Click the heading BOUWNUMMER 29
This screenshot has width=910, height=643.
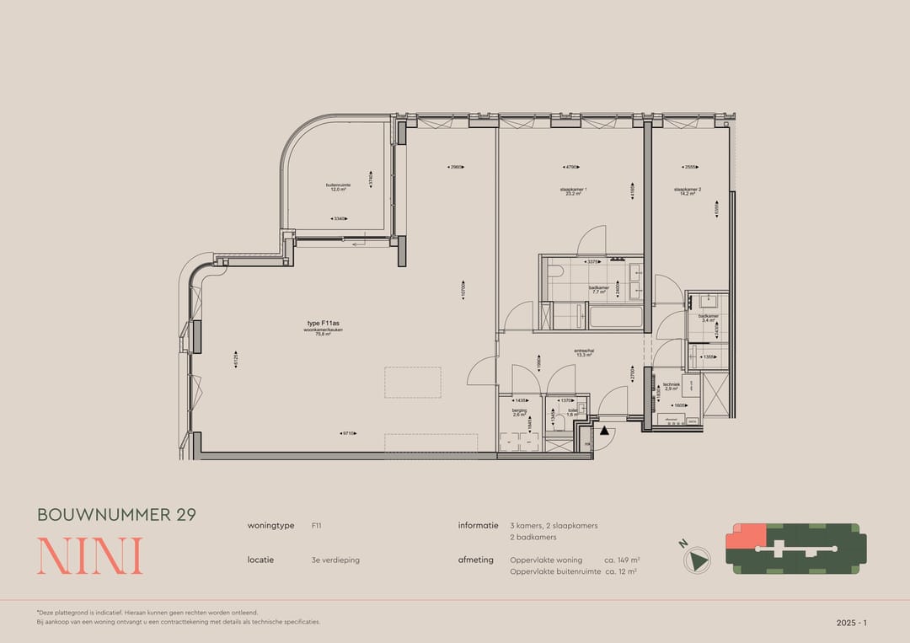[116, 515]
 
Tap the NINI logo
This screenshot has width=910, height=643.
[89, 556]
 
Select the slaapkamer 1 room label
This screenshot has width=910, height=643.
[574, 191]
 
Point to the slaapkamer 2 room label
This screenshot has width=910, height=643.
[688, 191]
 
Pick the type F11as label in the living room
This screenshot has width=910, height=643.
[323, 324]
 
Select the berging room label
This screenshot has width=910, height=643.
[519, 412]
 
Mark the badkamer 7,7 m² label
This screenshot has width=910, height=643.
[599, 289]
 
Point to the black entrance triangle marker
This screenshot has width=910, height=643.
[604, 431]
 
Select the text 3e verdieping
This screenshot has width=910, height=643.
[335, 560]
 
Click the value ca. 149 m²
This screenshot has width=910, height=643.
[623, 560]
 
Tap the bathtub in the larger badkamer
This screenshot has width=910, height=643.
[614, 318]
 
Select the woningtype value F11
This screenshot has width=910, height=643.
[316, 525]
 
